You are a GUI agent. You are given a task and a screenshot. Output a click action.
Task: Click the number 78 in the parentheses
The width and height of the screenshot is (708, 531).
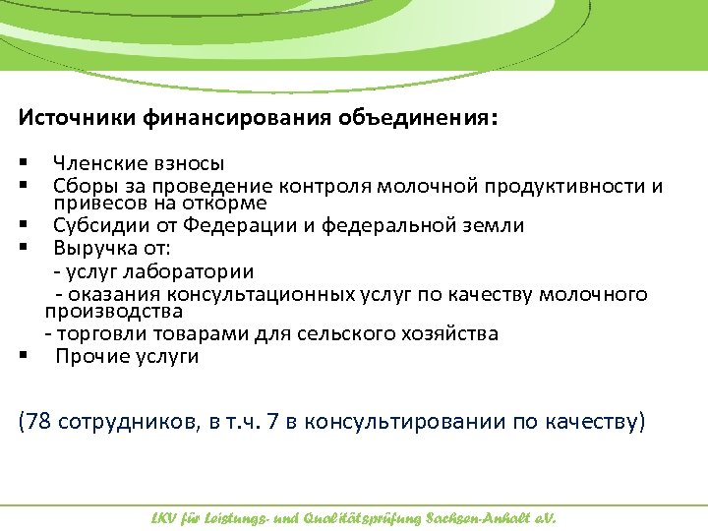(38, 422)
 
